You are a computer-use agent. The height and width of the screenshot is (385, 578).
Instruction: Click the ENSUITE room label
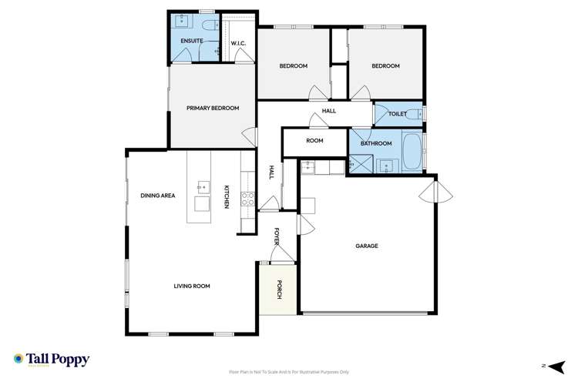pos(192,40)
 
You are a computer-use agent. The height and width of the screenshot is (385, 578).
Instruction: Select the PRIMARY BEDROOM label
pos(213,108)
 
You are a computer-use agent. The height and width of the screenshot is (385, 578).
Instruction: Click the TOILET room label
pos(398,114)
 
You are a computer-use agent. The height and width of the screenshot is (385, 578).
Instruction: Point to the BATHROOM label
pos(377,143)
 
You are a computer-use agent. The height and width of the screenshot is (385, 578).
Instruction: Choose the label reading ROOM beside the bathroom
pos(314,141)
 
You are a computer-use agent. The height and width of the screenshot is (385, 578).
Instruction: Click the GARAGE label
pos(366,246)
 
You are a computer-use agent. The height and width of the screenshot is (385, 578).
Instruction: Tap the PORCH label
pos(279,290)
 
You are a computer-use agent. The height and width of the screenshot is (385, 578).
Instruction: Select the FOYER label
pos(277,237)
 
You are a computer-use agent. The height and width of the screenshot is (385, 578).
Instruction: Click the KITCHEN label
pos(227,196)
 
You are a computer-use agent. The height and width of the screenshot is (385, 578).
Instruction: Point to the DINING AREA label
pos(157,196)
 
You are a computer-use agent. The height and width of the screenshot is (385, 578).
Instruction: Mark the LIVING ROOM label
pos(192,286)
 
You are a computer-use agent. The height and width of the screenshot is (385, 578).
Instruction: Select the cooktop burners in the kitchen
pos(249,199)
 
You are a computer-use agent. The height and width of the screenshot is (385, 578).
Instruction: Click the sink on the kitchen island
pos(203,186)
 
